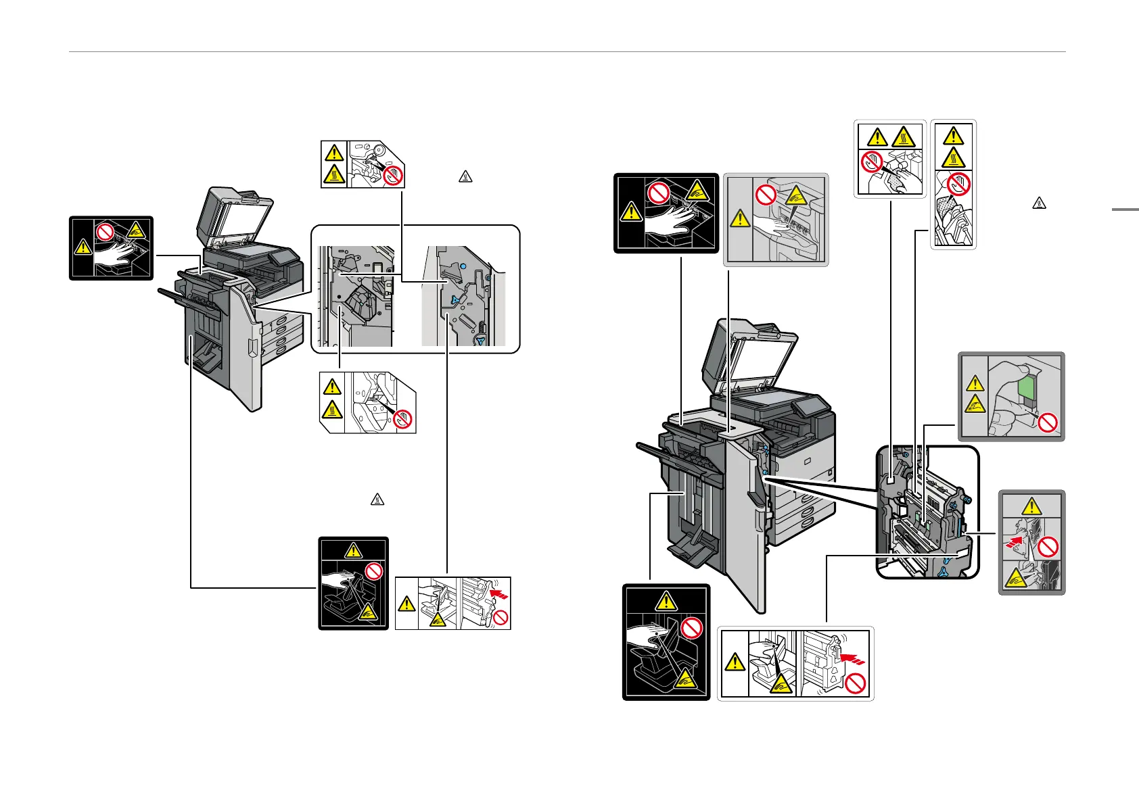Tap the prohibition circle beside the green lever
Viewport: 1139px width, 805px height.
[1047, 424]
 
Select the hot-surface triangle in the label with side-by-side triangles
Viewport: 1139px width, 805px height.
[904, 137]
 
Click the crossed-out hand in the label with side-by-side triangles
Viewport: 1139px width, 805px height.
[873, 162]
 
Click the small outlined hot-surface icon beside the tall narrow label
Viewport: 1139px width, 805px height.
[1039, 202]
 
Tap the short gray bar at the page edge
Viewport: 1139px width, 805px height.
[1125, 210]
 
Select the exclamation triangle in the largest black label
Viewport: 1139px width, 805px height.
[666, 600]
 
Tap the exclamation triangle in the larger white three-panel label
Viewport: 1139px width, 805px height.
[735, 662]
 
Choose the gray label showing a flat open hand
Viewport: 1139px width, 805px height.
[776, 219]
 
